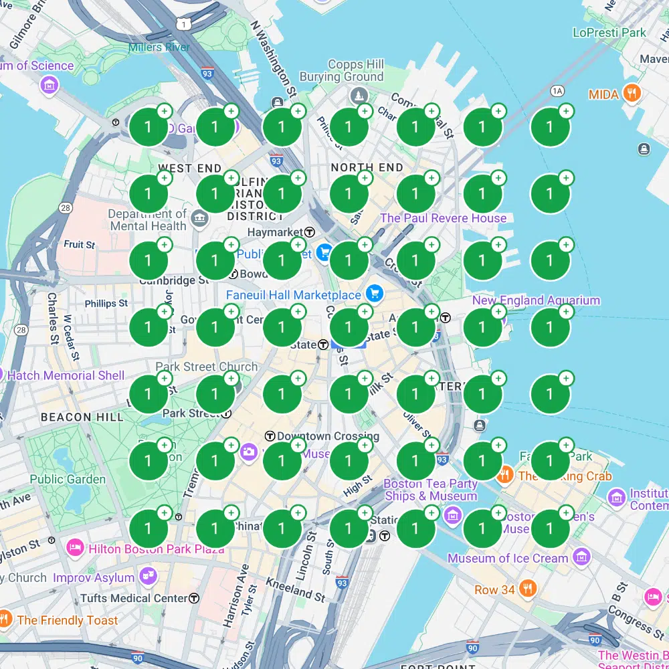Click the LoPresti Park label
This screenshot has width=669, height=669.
609,32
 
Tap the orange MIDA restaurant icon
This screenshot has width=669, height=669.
632,94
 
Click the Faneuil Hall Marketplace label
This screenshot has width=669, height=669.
293,295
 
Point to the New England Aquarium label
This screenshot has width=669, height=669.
536,300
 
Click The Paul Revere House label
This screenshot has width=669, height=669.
443,218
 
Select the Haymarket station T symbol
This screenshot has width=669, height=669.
310,232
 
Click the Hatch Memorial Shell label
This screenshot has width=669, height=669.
66,375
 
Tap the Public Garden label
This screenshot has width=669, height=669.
68,479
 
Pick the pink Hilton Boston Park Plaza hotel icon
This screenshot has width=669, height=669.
74,548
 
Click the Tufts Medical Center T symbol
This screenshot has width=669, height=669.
194,597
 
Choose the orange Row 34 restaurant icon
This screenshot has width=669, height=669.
528,589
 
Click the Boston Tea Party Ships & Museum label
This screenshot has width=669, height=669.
431,490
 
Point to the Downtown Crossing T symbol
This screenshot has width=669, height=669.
270,436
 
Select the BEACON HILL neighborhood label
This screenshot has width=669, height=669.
82,417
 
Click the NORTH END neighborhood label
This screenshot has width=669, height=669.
367,168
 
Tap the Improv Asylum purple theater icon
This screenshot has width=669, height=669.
148,576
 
